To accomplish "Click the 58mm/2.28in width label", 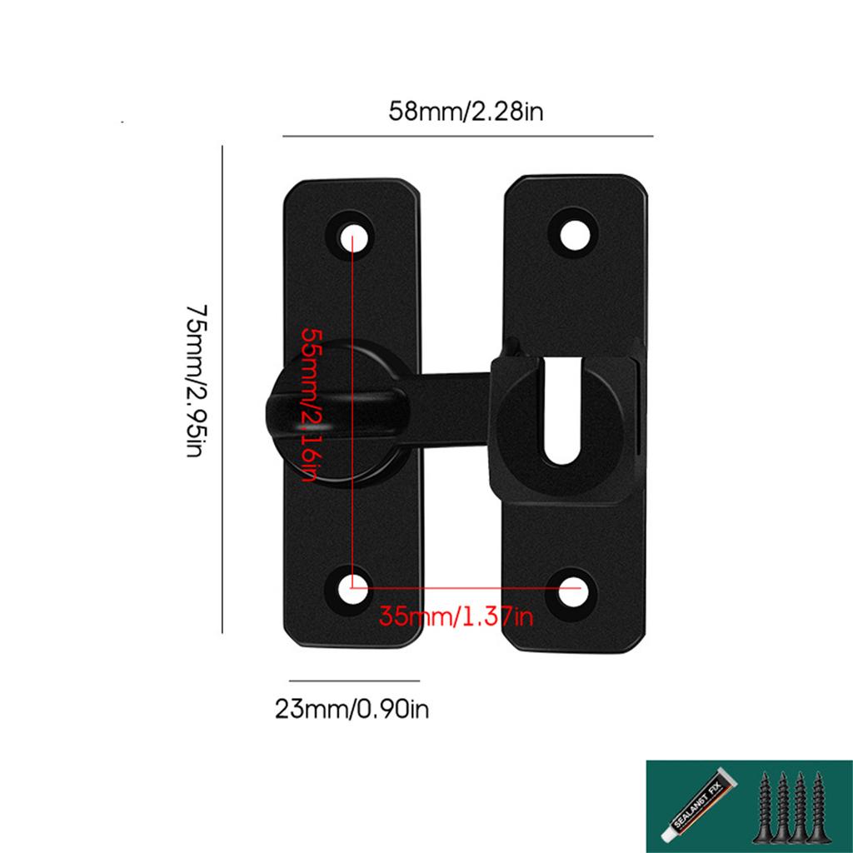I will point(466,112).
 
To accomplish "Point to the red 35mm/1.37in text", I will point(456,617).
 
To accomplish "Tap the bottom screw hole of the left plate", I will point(353,587).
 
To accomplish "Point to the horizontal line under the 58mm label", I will point(467,135).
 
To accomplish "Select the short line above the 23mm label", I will point(354,681).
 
